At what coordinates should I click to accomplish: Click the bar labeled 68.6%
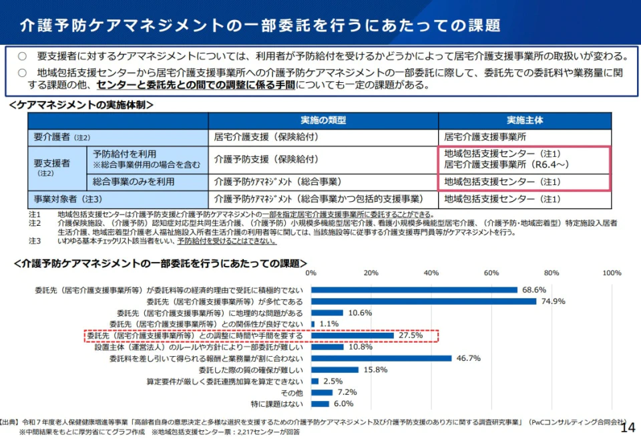pos(414,290)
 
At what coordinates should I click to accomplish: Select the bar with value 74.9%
pos(423,301)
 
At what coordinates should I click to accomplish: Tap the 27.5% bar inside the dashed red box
pos(352,335)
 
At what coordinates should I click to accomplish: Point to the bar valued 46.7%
pos(381,358)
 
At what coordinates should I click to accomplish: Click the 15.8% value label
pos(375,370)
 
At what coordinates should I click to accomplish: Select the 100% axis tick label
pos(612,273)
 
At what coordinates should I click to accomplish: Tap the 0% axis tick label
pos(310,273)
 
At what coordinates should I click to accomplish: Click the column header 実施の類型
pos(323,120)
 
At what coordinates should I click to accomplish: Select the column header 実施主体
pos(524,120)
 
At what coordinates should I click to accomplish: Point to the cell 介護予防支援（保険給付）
pos(266,160)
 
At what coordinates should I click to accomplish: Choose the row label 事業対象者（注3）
pos(68,198)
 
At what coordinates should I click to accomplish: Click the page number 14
pos(628,428)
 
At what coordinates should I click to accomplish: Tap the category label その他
pos(292,392)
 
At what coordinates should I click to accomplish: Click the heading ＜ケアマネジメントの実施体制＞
pos(81,105)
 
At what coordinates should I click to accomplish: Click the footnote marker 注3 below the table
pos(35,241)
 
